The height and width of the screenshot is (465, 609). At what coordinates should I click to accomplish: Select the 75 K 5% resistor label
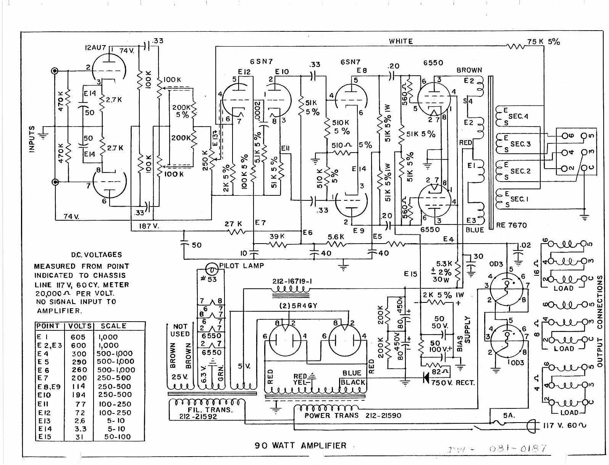544,42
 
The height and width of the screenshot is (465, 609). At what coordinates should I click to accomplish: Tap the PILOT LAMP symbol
210,269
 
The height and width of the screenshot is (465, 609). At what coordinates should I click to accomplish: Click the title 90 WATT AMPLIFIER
301,445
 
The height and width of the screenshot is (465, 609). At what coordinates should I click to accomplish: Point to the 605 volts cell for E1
78,337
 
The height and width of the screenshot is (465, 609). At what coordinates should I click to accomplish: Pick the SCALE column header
113,326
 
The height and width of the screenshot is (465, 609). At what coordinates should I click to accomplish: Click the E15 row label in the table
45,437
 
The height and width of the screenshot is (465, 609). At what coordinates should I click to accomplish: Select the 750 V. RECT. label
453,382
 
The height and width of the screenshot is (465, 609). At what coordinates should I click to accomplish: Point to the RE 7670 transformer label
512,225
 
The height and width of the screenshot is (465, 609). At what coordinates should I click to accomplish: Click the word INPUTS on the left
32,139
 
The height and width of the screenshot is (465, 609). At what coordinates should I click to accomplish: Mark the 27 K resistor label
233,224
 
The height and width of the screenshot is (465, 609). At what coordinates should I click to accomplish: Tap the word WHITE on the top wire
401,41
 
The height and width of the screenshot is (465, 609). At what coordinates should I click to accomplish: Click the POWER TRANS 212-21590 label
352,415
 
